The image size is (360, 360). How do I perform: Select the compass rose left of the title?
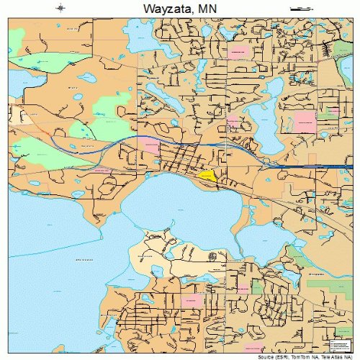coord(60,8)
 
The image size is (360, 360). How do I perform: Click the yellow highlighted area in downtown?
coord(207,175)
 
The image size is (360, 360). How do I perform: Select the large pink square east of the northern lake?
coord(305,120)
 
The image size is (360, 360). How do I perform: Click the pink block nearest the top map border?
coord(238,53)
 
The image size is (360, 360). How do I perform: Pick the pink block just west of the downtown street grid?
coord(152,147)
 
